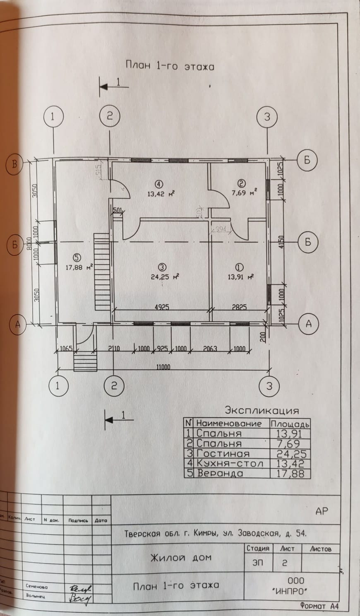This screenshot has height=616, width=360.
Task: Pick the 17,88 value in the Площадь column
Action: coord(290,473)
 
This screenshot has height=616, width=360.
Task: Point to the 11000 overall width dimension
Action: coord(163,367)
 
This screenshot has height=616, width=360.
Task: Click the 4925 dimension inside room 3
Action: coord(162,307)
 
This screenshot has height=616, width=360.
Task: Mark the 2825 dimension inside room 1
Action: coord(239,307)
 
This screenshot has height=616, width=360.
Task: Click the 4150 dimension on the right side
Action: coord(282,242)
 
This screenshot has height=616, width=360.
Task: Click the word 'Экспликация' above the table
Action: coord(262,411)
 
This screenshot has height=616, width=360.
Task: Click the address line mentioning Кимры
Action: coord(215,534)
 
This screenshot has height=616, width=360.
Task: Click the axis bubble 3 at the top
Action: coord(267,117)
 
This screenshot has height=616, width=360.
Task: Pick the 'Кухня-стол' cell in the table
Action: coord(230,463)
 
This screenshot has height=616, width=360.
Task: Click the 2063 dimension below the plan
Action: coord(210,349)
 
